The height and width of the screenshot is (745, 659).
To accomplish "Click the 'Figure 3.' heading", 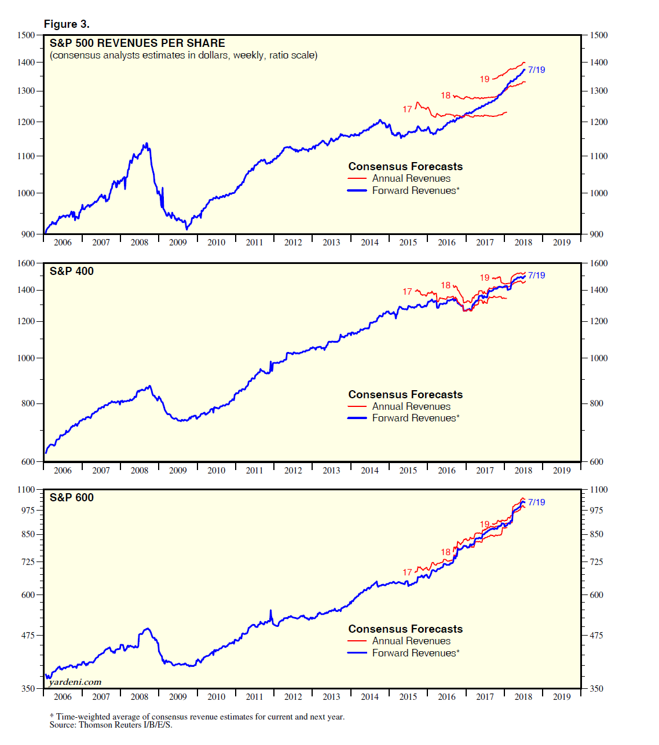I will (67, 24).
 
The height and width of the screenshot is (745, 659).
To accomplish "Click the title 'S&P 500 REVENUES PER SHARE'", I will (137, 43).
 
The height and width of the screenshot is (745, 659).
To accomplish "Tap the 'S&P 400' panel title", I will (71, 271).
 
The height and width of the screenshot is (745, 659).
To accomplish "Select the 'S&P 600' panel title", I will (71, 497).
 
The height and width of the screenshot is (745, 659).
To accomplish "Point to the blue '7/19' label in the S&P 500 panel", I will (536, 70).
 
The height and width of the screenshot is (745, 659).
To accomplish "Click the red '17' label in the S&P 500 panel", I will (408, 109).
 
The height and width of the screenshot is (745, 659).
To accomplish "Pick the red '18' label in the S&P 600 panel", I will (445, 552).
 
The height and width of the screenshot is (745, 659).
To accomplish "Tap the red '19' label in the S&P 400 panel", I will (485, 278).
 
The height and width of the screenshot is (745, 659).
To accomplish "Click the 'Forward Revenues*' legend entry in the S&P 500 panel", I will (415, 190).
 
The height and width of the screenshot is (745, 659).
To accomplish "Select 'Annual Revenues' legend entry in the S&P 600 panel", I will (411, 641).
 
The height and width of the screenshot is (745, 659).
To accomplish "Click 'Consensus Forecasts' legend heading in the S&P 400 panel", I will (405, 394).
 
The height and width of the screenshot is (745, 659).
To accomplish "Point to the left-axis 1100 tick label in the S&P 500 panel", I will (26, 156).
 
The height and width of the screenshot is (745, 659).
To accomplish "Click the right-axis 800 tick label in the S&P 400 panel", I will (596, 403).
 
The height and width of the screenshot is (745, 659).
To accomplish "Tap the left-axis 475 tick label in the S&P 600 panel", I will (28, 635).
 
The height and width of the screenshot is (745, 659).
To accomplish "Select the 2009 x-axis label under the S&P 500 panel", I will (178, 243).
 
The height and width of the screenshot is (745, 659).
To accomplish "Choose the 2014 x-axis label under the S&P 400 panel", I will (369, 471).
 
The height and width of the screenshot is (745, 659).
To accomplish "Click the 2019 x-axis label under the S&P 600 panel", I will (562, 697).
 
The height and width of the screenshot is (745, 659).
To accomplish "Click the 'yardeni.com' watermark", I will (75, 682).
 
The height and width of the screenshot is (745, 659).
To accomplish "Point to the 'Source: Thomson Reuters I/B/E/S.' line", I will (111, 725).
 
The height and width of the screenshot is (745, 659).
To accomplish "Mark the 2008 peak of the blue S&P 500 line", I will (147, 144).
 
